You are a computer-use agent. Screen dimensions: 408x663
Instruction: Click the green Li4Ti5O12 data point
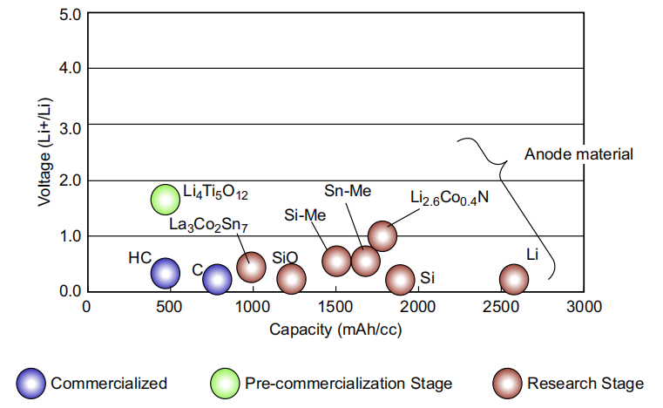pos(165,200)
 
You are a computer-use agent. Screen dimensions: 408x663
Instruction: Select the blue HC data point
pos(165,273)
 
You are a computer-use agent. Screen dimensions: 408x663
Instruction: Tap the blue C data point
pos(217,279)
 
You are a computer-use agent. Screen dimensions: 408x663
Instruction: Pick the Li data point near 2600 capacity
pos(514,279)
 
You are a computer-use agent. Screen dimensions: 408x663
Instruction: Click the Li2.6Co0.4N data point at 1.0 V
pos(382,235)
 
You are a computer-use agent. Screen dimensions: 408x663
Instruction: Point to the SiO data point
pos(292,279)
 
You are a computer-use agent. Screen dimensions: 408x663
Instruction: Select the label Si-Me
pos(306,215)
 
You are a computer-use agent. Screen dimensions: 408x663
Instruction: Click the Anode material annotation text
pos(578,154)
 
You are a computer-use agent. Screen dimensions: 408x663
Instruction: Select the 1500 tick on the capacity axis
pos(335,307)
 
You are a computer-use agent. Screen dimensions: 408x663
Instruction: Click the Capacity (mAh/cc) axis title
pos(335,330)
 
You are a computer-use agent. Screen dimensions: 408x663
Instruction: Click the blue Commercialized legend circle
pos(31,383)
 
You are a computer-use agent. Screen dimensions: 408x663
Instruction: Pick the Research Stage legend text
pos(585,383)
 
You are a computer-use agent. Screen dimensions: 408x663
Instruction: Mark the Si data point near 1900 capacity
pos(400,279)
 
